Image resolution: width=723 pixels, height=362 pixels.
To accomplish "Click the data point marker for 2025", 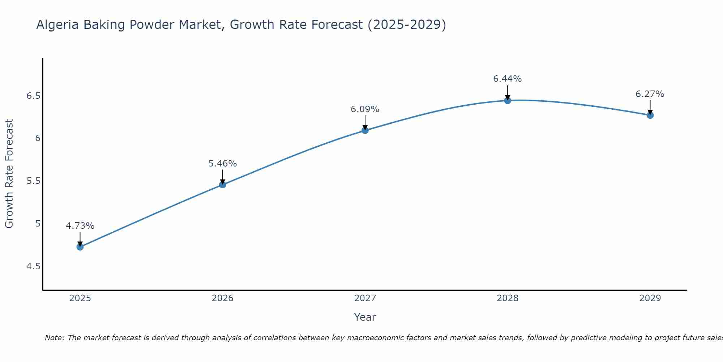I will click(80, 247).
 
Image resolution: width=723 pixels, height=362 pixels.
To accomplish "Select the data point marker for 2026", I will click(222, 185).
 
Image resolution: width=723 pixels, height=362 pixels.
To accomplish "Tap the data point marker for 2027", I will click(365, 130).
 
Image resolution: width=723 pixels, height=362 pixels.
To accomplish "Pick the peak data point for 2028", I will click(508, 100).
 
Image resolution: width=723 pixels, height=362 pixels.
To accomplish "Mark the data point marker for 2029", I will click(650, 115).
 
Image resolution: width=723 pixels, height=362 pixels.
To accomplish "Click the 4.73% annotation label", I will click(80, 226).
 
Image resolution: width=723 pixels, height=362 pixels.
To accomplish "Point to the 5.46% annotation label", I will click(222, 164).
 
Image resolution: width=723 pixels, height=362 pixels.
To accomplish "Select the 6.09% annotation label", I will click(365, 109).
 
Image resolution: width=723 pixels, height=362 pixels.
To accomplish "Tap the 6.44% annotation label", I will click(508, 79).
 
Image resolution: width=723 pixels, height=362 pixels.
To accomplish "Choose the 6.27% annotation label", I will click(650, 94).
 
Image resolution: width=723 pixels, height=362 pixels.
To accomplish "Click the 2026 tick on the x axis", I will click(222, 298).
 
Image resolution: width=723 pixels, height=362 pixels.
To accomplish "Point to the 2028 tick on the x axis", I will click(508, 298).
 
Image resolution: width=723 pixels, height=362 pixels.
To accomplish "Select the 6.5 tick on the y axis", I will click(33, 96).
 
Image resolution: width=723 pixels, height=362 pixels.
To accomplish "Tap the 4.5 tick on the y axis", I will click(33, 266).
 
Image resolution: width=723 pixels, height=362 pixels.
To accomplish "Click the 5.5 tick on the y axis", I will click(33, 181).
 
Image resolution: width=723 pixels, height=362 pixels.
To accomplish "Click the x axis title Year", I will click(365, 317).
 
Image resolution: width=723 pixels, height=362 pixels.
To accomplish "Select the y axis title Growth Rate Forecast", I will click(9, 174).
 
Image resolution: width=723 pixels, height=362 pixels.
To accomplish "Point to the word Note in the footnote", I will click(54, 338).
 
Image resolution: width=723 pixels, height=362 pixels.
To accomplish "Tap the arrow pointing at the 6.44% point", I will click(508, 92).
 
